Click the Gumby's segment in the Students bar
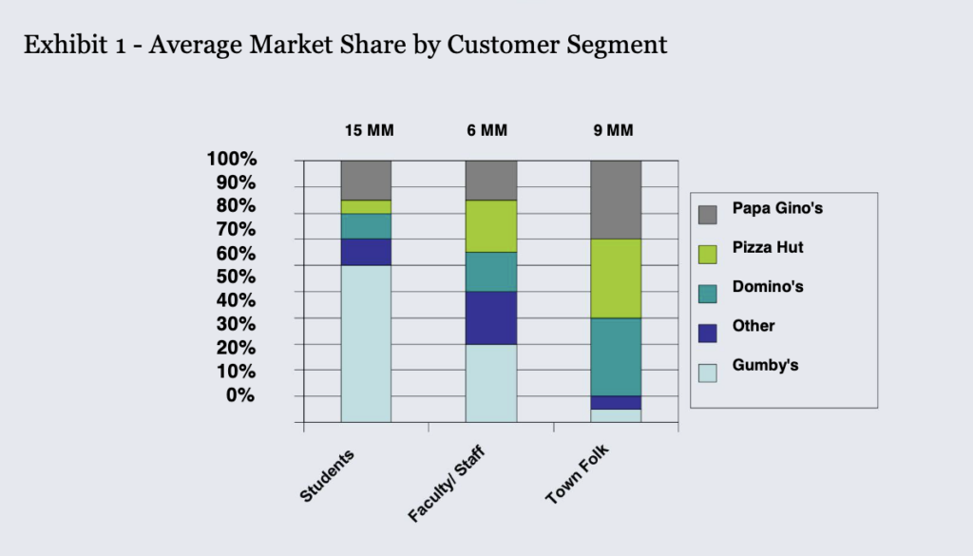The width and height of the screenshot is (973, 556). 366,342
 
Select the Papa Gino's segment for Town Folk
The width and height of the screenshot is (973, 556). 615,199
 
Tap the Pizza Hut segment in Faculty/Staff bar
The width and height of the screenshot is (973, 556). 490,225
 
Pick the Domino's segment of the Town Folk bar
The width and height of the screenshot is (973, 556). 615,356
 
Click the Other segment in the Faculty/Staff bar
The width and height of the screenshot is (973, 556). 490,317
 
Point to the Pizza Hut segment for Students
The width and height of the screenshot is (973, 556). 366,206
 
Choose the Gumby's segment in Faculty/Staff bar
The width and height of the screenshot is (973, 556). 490,382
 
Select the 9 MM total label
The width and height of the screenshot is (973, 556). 613,131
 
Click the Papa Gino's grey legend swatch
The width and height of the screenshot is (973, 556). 707,215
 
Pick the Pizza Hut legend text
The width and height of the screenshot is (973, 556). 767,247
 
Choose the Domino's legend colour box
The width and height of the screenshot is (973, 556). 707,293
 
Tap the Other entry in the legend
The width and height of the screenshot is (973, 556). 754,326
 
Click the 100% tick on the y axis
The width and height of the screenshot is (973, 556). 231,159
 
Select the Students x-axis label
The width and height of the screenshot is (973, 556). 327,475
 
